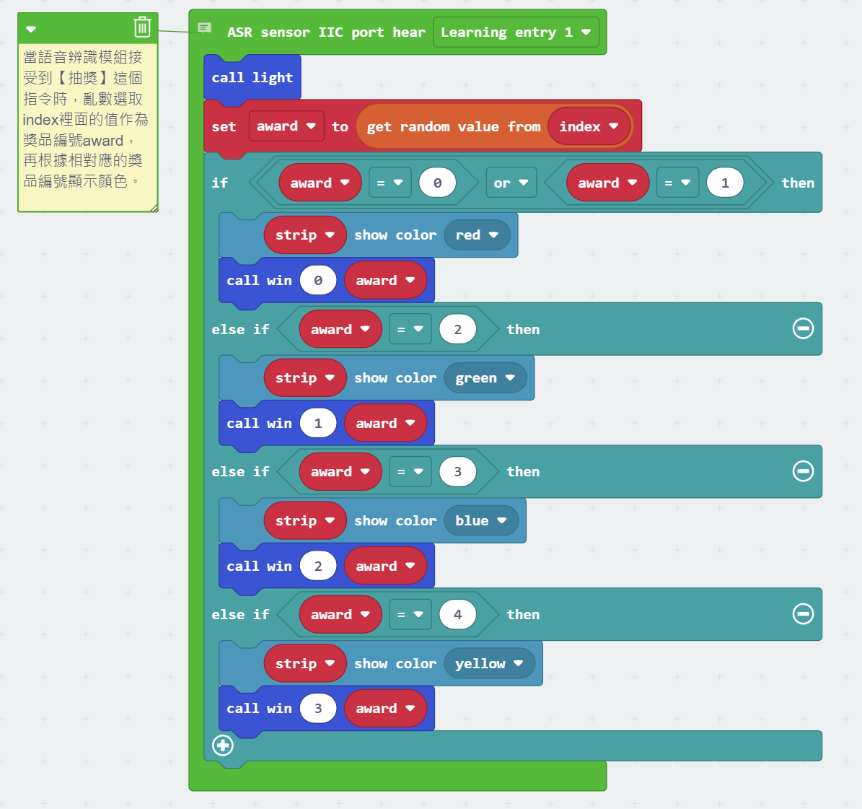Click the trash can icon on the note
coord(142,27)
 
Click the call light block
coord(252,78)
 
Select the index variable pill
coord(589,127)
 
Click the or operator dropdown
coord(511,183)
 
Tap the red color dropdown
coord(477,235)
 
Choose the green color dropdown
coord(485,378)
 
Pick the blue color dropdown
coord(480,521)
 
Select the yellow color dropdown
coord(489,664)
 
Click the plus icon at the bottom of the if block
coord(223,745)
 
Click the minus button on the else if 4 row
coord(803,614)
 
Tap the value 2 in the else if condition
coord(457,330)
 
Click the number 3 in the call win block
coord(318,709)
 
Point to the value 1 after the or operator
coord(725,183)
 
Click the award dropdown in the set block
coord(286,126)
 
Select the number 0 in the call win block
coord(318,281)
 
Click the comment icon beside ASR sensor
coord(205,28)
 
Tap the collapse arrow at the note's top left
coord(31,30)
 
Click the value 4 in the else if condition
coord(457,615)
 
